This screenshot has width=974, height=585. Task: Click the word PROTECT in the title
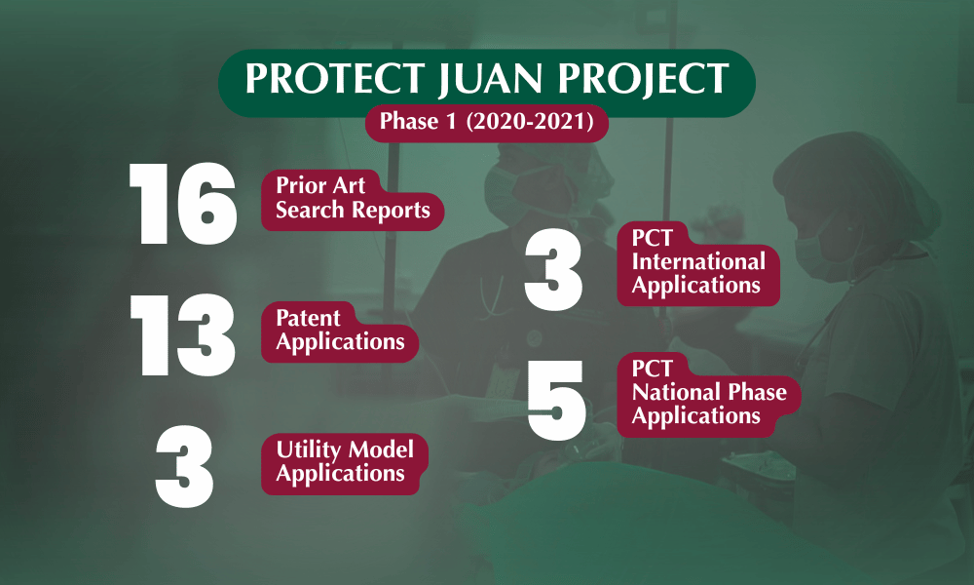(x=335, y=78)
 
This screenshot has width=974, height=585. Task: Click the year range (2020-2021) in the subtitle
(x=530, y=121)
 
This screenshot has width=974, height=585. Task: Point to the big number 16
(x=183, y=204)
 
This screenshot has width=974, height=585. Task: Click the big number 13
(x=183, y=335)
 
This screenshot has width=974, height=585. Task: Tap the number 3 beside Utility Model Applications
(x=184, y=467)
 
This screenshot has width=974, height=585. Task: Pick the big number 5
(x=556, y=401)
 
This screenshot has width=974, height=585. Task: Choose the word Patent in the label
(x=308, y=318)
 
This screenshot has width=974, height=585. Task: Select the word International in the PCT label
(x=698, y=261)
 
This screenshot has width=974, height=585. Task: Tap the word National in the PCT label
(x=676, y=392)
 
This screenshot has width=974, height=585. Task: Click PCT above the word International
(x=653, y=238)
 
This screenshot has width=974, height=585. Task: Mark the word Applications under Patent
(x=340, y=342)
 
